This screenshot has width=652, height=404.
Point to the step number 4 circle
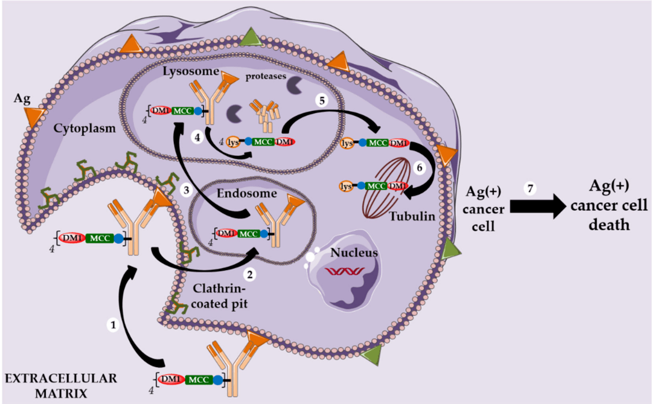click(197, 137)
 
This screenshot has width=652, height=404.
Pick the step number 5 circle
click(323, 101)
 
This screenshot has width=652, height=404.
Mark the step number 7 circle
click(530, 188)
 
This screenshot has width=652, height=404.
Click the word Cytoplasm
click(80, 129)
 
